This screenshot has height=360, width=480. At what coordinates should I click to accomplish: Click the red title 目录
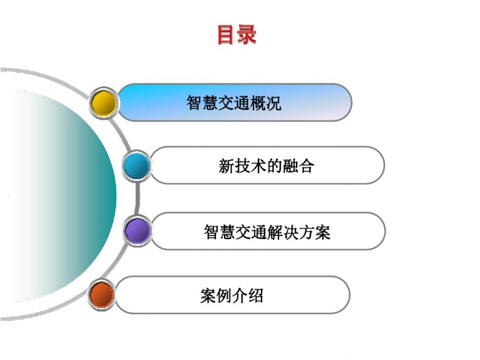pyautogui.click(x=236, y=34)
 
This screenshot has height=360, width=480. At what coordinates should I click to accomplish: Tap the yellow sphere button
pyautogui.click(x=104, y=102)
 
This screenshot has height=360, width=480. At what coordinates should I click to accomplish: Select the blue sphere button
pyautogui.click(x=137, y=166)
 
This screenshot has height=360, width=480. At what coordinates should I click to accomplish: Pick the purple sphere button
pyautogui.click(x=137, y=231)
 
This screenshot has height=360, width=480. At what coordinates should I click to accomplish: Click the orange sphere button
pyautogui.click(x=101, y=295)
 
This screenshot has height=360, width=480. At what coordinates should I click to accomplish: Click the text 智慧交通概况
pyautogui.click(x=234, y=103)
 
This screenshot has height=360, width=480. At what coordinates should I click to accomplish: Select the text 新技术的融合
pyautogui.click(x=266, y=166)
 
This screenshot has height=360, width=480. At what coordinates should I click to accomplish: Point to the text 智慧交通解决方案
pyautogui.click(x=267, y=232)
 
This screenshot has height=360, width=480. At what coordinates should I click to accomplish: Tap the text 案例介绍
pyautogui.click(x=232, y=296)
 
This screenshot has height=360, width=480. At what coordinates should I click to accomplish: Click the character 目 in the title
pyautogui.click(x=226, y=34)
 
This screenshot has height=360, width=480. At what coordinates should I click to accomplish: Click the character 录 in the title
pyautogui.click(x=247, y=34)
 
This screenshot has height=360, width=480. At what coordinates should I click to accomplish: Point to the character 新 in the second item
pyautogui.click(x=226, y=166)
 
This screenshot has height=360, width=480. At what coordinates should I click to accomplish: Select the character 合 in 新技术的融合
pyautogui.click(x=306, y=166)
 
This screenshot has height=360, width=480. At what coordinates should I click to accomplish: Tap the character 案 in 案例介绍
pyautogui.click(x=208, y=296)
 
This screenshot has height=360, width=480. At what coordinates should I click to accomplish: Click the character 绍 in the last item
pyautogui.click(x=255, y=296)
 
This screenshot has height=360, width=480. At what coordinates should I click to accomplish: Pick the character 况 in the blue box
pyautogui.click(x=274, y=103)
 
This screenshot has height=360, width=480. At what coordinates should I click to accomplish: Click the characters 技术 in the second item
pyautogui.click(x=251, y=166)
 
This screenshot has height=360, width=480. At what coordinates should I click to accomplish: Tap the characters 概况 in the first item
pyautogui.click(x=265, y=103)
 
